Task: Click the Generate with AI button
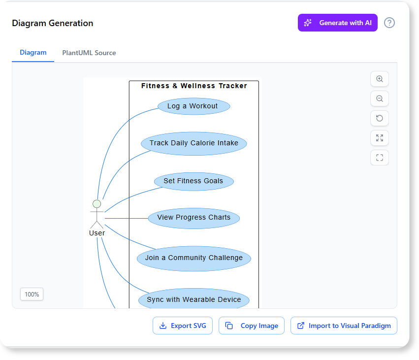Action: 337,23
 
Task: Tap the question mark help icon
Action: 389,23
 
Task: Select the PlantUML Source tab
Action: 89,53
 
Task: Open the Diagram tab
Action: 33,53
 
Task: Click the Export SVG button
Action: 183,326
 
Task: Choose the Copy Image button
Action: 252,326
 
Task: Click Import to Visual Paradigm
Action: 344,326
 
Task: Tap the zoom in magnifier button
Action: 380,79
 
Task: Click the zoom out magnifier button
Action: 380,98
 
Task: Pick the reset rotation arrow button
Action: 380,118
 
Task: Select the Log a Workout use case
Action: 194,106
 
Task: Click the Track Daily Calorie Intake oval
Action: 194,143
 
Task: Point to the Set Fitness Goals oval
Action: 193,181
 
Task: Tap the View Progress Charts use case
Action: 194,218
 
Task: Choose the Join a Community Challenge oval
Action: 194,258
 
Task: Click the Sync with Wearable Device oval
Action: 194,299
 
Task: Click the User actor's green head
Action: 97,203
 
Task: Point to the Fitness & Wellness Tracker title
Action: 194,86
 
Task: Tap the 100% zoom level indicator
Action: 32,294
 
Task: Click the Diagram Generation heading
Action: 53,23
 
